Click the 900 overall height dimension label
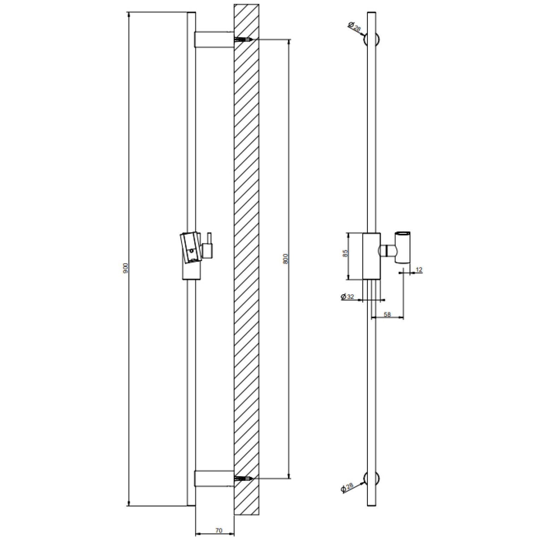tap(125, 268)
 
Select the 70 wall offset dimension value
tap(219, 530)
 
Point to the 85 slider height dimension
tap(346, 253)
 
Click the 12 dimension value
tap(419, 270)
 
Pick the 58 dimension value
tap(388, 314)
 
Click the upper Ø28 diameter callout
tap(354, 27)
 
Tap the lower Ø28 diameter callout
tap(347, 488)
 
